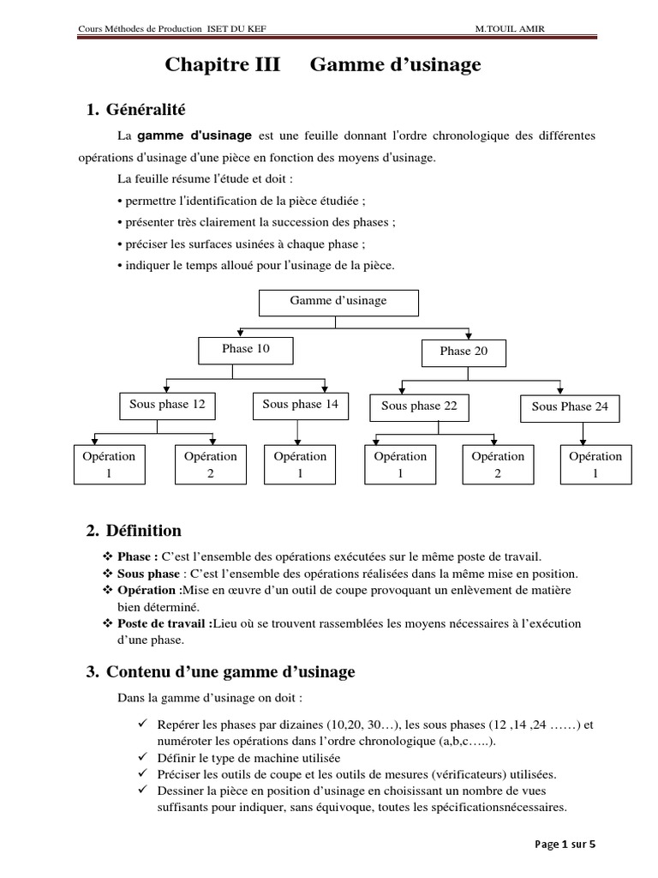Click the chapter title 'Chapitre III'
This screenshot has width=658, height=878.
pyautogui.click(x=222, y=66)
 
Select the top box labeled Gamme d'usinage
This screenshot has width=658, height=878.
pyautogui.click(x=338, y=302)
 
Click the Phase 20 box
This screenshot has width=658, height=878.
pyautogui.click(x=464, y=352)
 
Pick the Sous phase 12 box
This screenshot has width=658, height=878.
pyautogui.click(x=167, y=406)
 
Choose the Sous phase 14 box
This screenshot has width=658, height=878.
pyautogui.click(x=300, y=406)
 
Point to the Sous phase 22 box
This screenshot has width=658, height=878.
pyautogui.click(x=419, y=407)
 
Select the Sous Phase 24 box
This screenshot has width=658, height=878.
pyautogui.click(x=570, y=407)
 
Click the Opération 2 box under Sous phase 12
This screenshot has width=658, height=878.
pyautogui.click(x=210, y=466)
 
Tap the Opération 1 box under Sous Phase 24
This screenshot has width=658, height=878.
pyautogui.click(x=595, y=466)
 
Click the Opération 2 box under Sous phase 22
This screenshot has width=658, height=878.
pyautogui.click(x=498, y=466)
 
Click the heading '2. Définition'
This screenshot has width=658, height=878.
pyautogui.click(x=134, y=532)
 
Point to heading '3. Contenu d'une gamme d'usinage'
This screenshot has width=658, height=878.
pyautogui.click(x=220, y=672)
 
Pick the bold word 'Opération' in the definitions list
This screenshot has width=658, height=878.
pyautogui.click(x=146, y=590)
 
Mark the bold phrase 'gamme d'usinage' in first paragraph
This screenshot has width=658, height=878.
pyautogui.click(x=194, y=135)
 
